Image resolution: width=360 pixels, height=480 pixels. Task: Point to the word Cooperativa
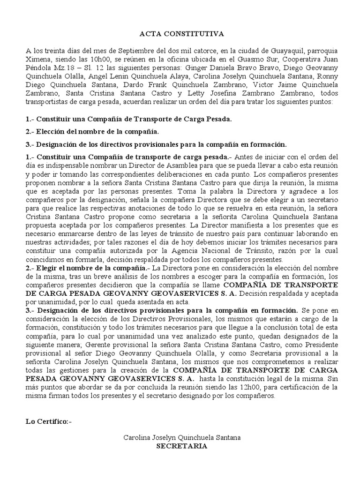click(x=297, y=59)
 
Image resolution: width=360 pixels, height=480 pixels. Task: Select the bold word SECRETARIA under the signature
click(x=182, y=446)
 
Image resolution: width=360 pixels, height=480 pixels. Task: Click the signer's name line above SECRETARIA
click(x=182, y=437)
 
